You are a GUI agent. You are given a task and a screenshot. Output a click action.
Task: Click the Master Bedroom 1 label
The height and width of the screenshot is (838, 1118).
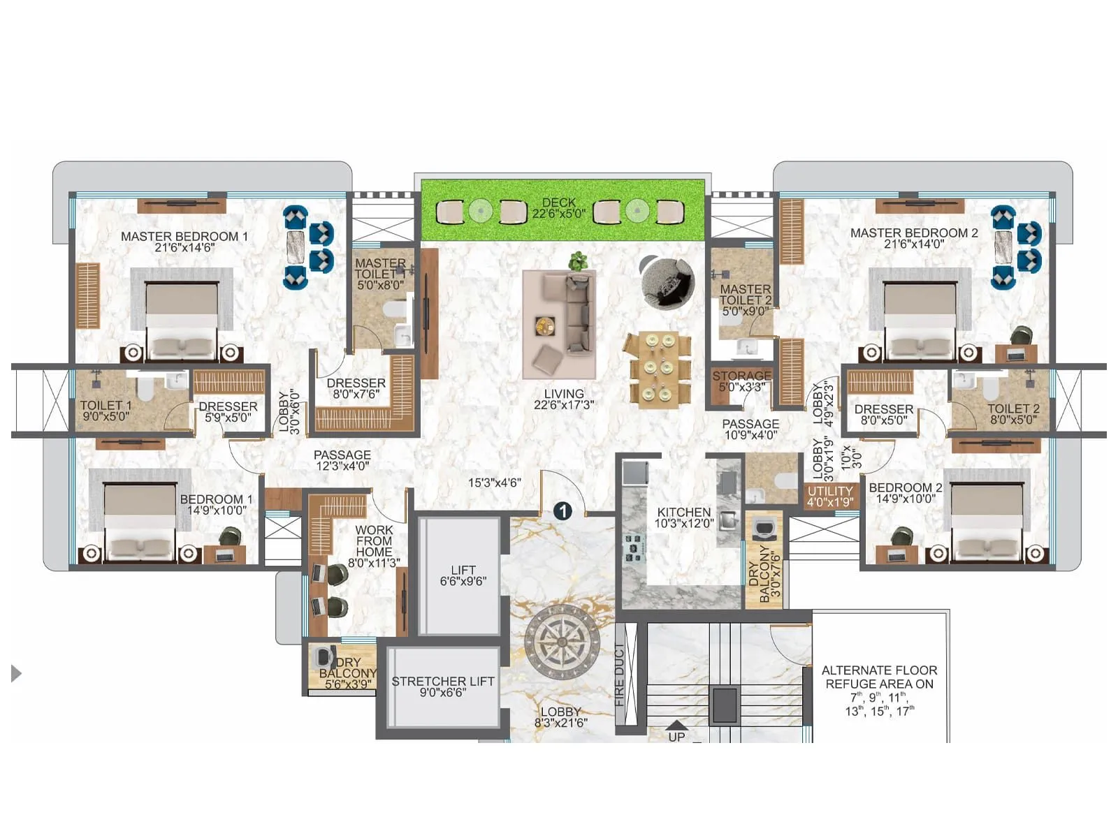(x=184, y=242)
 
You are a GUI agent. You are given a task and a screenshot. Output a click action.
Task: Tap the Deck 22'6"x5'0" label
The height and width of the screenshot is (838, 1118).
(x=558, y=208)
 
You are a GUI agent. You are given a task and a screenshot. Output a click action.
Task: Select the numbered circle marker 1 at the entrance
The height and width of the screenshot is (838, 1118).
(x=562, y=511)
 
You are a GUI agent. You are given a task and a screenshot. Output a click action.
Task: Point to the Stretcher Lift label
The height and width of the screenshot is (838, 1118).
(x=442, y=686)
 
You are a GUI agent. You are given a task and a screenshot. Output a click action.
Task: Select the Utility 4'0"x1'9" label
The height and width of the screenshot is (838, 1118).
(x=830, y=496)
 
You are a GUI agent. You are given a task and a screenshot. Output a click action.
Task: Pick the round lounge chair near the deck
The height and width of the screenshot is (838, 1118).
(x=667, y=282)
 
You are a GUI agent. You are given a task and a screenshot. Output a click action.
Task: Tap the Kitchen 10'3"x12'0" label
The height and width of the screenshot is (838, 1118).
(x=683, y=517)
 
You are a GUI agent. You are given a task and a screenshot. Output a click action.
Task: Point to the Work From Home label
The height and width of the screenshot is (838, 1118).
(x=374, y=546)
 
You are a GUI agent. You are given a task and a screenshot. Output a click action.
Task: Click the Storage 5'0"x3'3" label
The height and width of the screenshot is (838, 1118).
(x=741, y=381)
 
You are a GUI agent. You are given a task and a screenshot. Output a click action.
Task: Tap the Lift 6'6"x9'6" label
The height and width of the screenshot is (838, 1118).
(x=463, y=575)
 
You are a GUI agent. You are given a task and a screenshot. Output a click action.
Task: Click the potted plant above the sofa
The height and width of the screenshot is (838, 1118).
(x=578, y=261)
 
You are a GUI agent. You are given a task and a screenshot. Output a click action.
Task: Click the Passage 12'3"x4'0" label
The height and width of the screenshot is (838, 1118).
(x=342, y=460)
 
